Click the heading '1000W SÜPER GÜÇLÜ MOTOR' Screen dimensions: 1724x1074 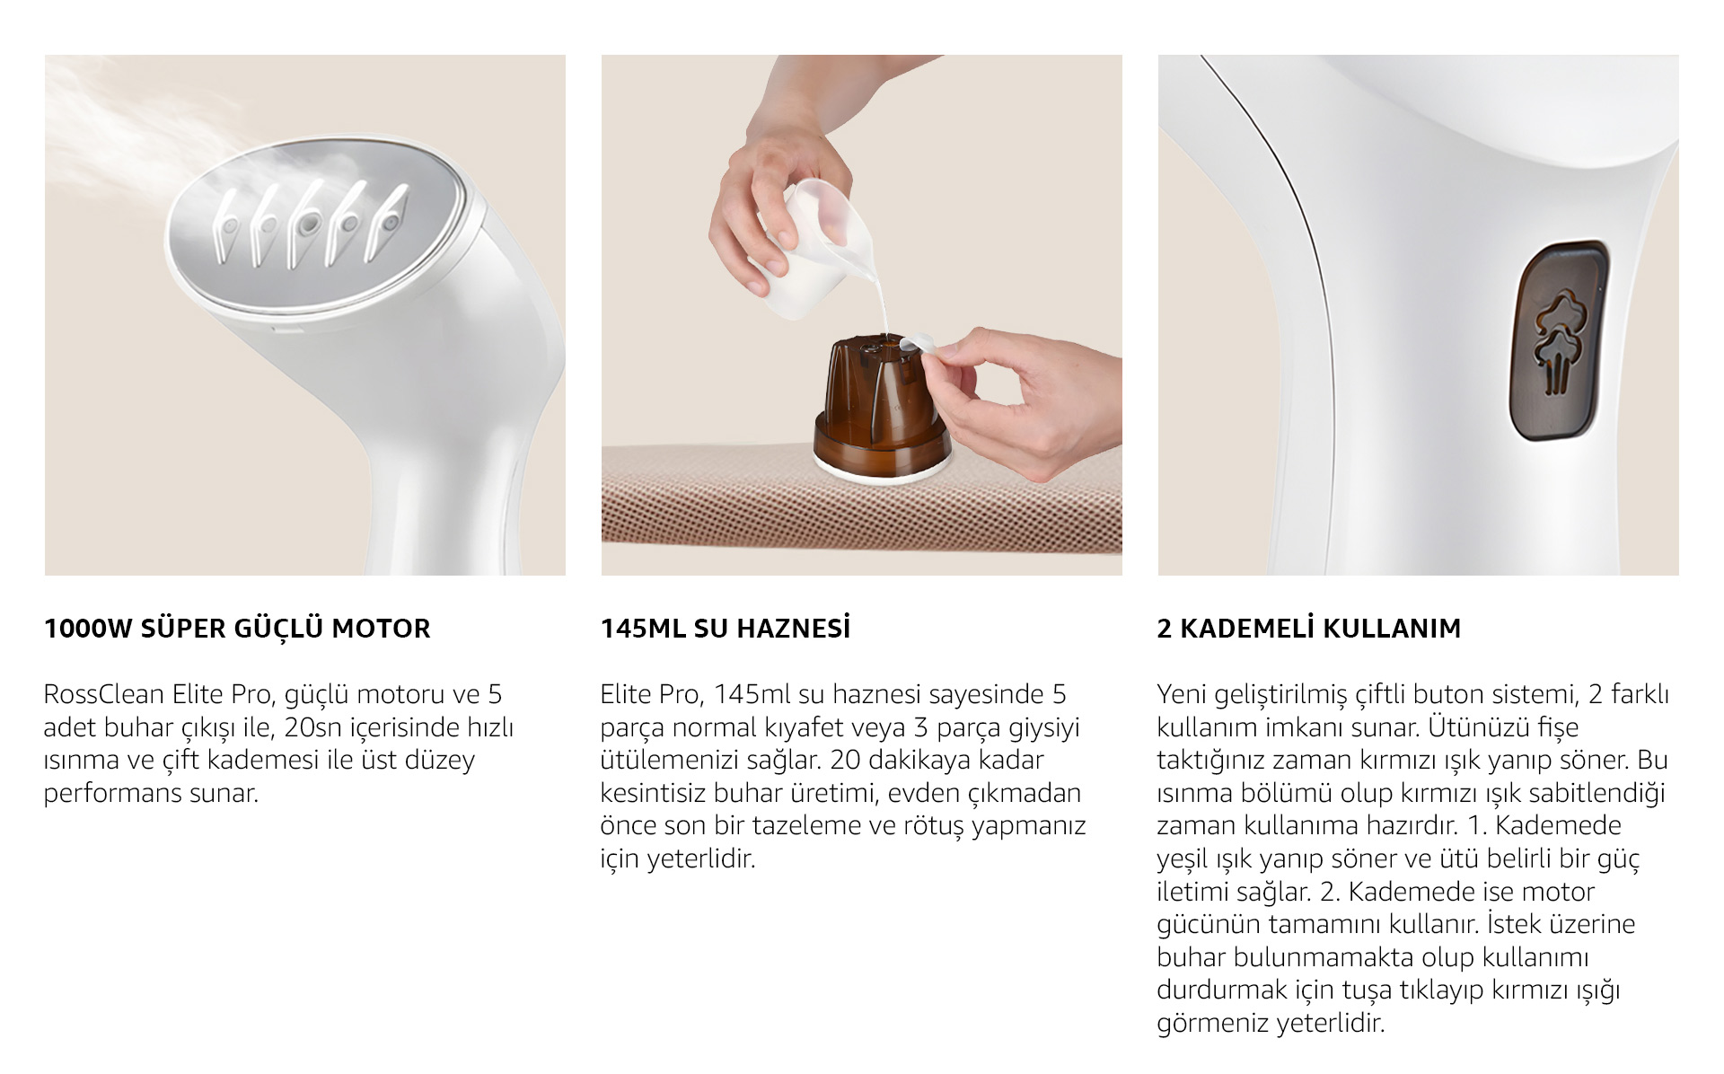click(x=237, y=628)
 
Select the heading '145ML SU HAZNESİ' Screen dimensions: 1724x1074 click(x=725, y=628)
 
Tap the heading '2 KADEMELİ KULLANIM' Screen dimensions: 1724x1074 click(x=1309, y=628)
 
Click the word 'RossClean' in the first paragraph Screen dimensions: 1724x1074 click(x=103, y=694)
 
